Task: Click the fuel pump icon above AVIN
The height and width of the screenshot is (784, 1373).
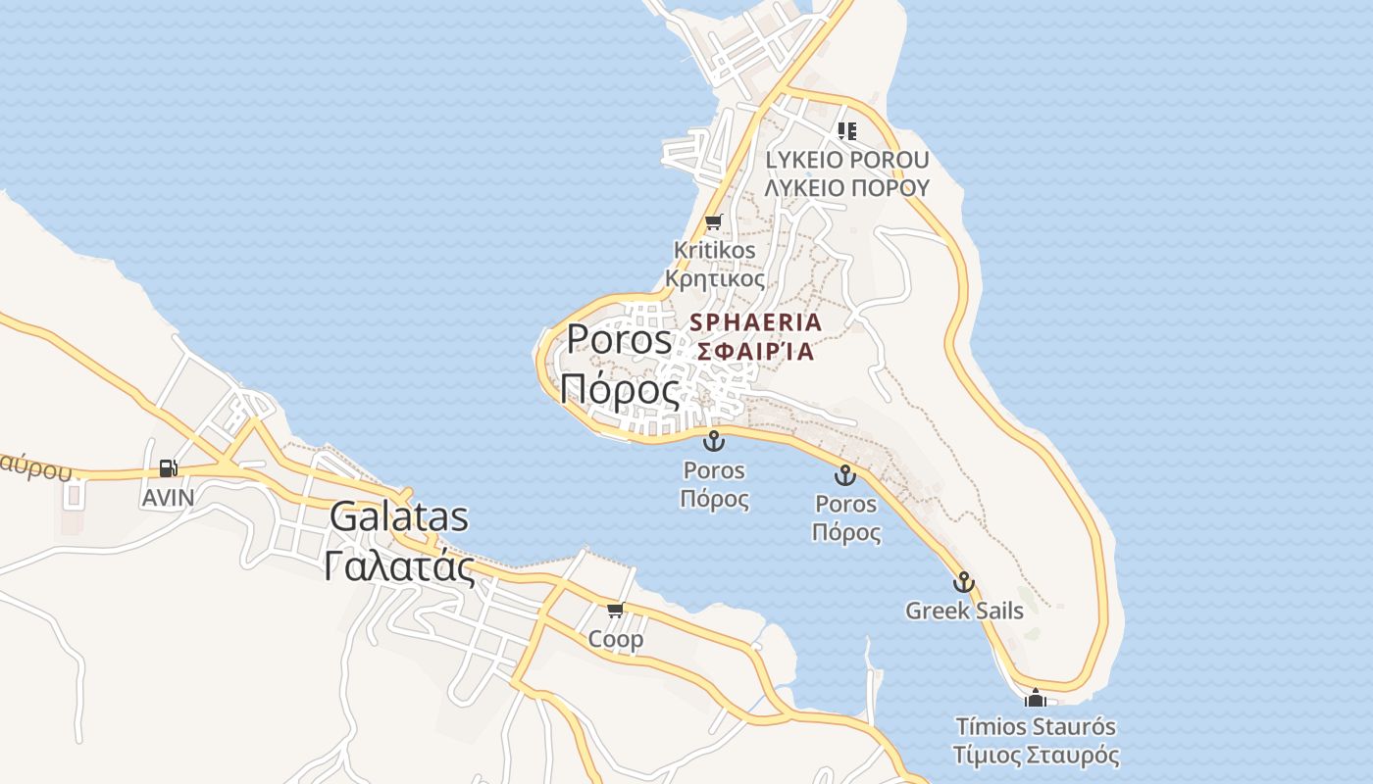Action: coord(169,469)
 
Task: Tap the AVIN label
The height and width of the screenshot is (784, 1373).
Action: coord(168,498)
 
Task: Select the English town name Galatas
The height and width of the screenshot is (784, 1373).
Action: coord(398,516)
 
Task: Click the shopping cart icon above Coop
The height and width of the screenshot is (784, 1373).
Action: coord(615,611)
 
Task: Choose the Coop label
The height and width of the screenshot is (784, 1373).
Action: coord(616,640)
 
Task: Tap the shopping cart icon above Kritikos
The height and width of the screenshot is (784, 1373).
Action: coord(713,221)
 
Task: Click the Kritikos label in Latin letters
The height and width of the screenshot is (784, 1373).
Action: coord(715,250)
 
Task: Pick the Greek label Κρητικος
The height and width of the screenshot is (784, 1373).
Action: coord(715,278)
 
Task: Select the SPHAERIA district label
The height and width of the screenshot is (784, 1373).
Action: coord(755,321)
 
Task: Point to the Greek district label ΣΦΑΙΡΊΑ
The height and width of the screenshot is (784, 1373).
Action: coord(755,351)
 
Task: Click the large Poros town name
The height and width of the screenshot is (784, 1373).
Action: coord(619,339)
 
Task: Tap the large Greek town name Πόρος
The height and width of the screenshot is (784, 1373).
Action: coord(619,389)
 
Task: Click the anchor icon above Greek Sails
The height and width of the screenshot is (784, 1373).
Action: coord(964,582)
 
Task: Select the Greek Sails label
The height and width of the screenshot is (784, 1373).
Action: coord(964,611)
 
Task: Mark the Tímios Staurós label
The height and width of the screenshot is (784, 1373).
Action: coord(1036,727)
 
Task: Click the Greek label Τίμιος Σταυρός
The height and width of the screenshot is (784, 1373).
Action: coord(1036,756)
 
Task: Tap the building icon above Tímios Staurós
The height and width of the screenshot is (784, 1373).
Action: coord(1035,699)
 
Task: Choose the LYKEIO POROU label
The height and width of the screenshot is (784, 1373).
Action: coord(846,160)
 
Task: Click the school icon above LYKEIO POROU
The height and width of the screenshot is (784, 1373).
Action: coord(847,130)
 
